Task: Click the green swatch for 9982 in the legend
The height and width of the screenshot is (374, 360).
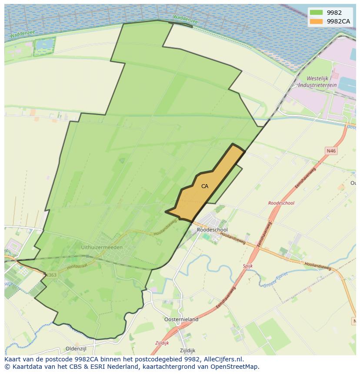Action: (317, 13)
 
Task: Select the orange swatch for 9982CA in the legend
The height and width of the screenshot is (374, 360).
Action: (317, 21)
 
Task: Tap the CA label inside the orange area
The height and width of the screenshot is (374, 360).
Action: (204, 186)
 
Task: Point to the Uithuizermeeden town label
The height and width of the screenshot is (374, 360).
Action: (102, 247)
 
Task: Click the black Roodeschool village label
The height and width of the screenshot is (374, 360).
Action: (212, 230)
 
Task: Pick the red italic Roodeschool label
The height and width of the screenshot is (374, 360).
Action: (281, 203)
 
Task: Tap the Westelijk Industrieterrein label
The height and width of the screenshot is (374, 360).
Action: (321, 82)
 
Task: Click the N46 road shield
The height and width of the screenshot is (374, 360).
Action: (331, 151)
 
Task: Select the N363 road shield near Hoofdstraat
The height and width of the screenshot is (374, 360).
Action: (51, 275)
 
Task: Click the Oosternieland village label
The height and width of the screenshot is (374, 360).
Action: (181, 319)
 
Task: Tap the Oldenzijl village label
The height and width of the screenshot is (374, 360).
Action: (77, 349)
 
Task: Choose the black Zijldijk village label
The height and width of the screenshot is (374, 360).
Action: (187, 351)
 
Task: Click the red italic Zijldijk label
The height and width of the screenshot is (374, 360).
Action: (162, 343)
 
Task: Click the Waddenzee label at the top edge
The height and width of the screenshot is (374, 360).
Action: (185, 19)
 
